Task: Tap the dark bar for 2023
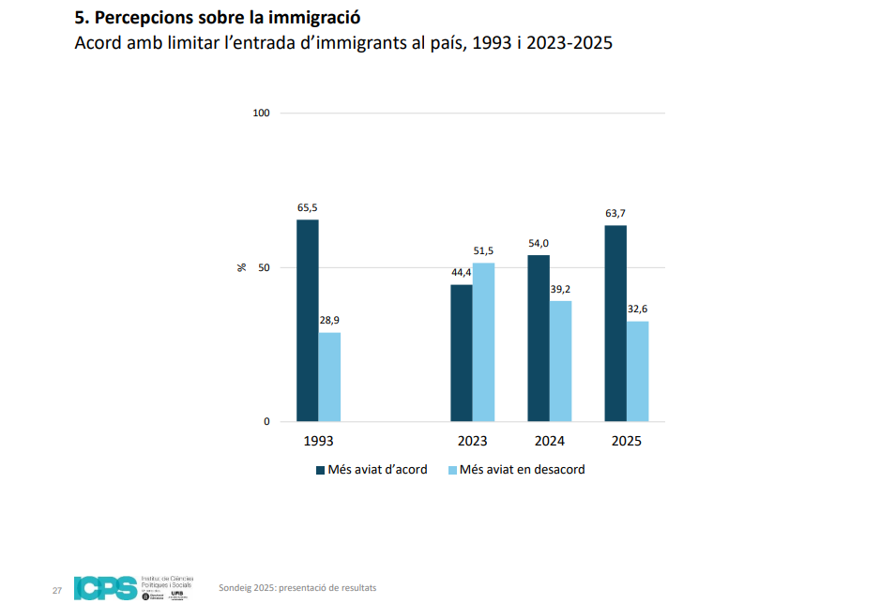[x=462, y=353]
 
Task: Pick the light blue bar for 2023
[x=483, y=342]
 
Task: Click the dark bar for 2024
[x=539, y=338]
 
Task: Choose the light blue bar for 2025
[x=638, y=371]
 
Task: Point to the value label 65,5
[x=308, y=207]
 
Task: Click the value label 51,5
[x=483, y=250]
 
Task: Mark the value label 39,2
[x=560, y=289]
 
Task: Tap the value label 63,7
[x=615, y=213]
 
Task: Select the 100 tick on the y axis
[x=262, y=113]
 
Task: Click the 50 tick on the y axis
[x=265, y=267]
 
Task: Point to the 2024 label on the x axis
[x=549, y=441]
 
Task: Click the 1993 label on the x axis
[x=318, y=441]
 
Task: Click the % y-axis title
[x=242, y=267]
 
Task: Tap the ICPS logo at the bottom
[x=105, y=588]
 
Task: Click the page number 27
[x=56, y=591]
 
